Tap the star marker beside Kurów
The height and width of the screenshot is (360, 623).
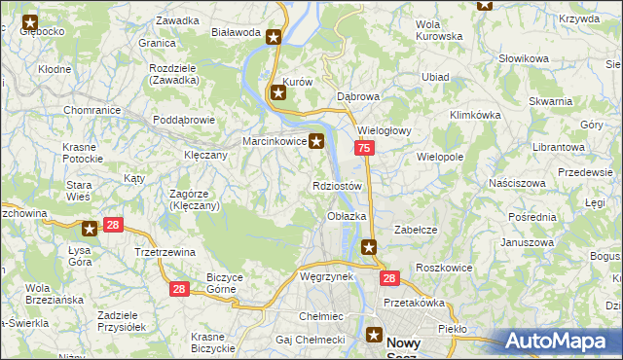[x=278, y=93]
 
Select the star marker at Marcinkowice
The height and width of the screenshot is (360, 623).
[x=316, y=142]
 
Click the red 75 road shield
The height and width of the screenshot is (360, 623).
[x=363, y=148]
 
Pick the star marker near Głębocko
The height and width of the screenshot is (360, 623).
[x=29, y=20]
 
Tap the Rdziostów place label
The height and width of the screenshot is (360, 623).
[x=338, y=186]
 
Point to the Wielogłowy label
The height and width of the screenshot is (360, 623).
[x=386, y=130]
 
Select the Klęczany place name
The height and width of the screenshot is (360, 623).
[x=205, y=155]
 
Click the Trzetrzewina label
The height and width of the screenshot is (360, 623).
[x=165, y=252]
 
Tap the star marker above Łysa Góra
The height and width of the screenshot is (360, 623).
[x=90, y=230]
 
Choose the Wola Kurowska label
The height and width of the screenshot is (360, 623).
[x=438, y=30]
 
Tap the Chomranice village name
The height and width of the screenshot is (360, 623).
[x=92, y=111]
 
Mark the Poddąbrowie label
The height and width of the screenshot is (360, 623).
[x=184, y=121]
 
